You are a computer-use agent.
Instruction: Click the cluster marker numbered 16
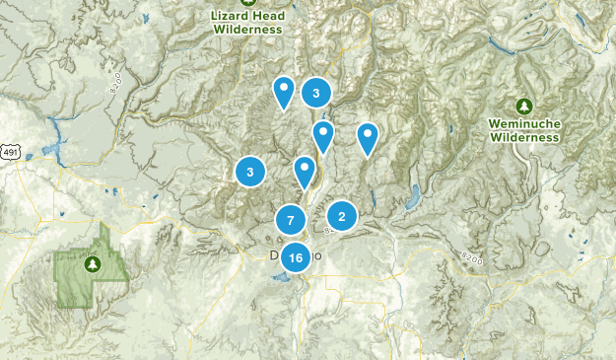(296, 257)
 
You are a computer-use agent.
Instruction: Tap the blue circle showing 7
(290, 220)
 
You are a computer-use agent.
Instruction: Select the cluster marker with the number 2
(341, 216)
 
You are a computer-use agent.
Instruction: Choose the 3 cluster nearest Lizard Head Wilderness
(315, 94)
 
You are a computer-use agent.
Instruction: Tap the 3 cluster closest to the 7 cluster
(250, 172)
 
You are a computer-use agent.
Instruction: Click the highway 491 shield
(10, 153)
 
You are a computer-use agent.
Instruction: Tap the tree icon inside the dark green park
(93, 263)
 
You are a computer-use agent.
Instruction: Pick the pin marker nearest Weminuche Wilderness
(368, 138)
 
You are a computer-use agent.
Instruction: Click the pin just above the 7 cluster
(305, 172)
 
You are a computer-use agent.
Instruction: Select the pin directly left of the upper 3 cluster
(284, 91)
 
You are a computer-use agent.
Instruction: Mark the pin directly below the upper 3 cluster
(322, 135)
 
